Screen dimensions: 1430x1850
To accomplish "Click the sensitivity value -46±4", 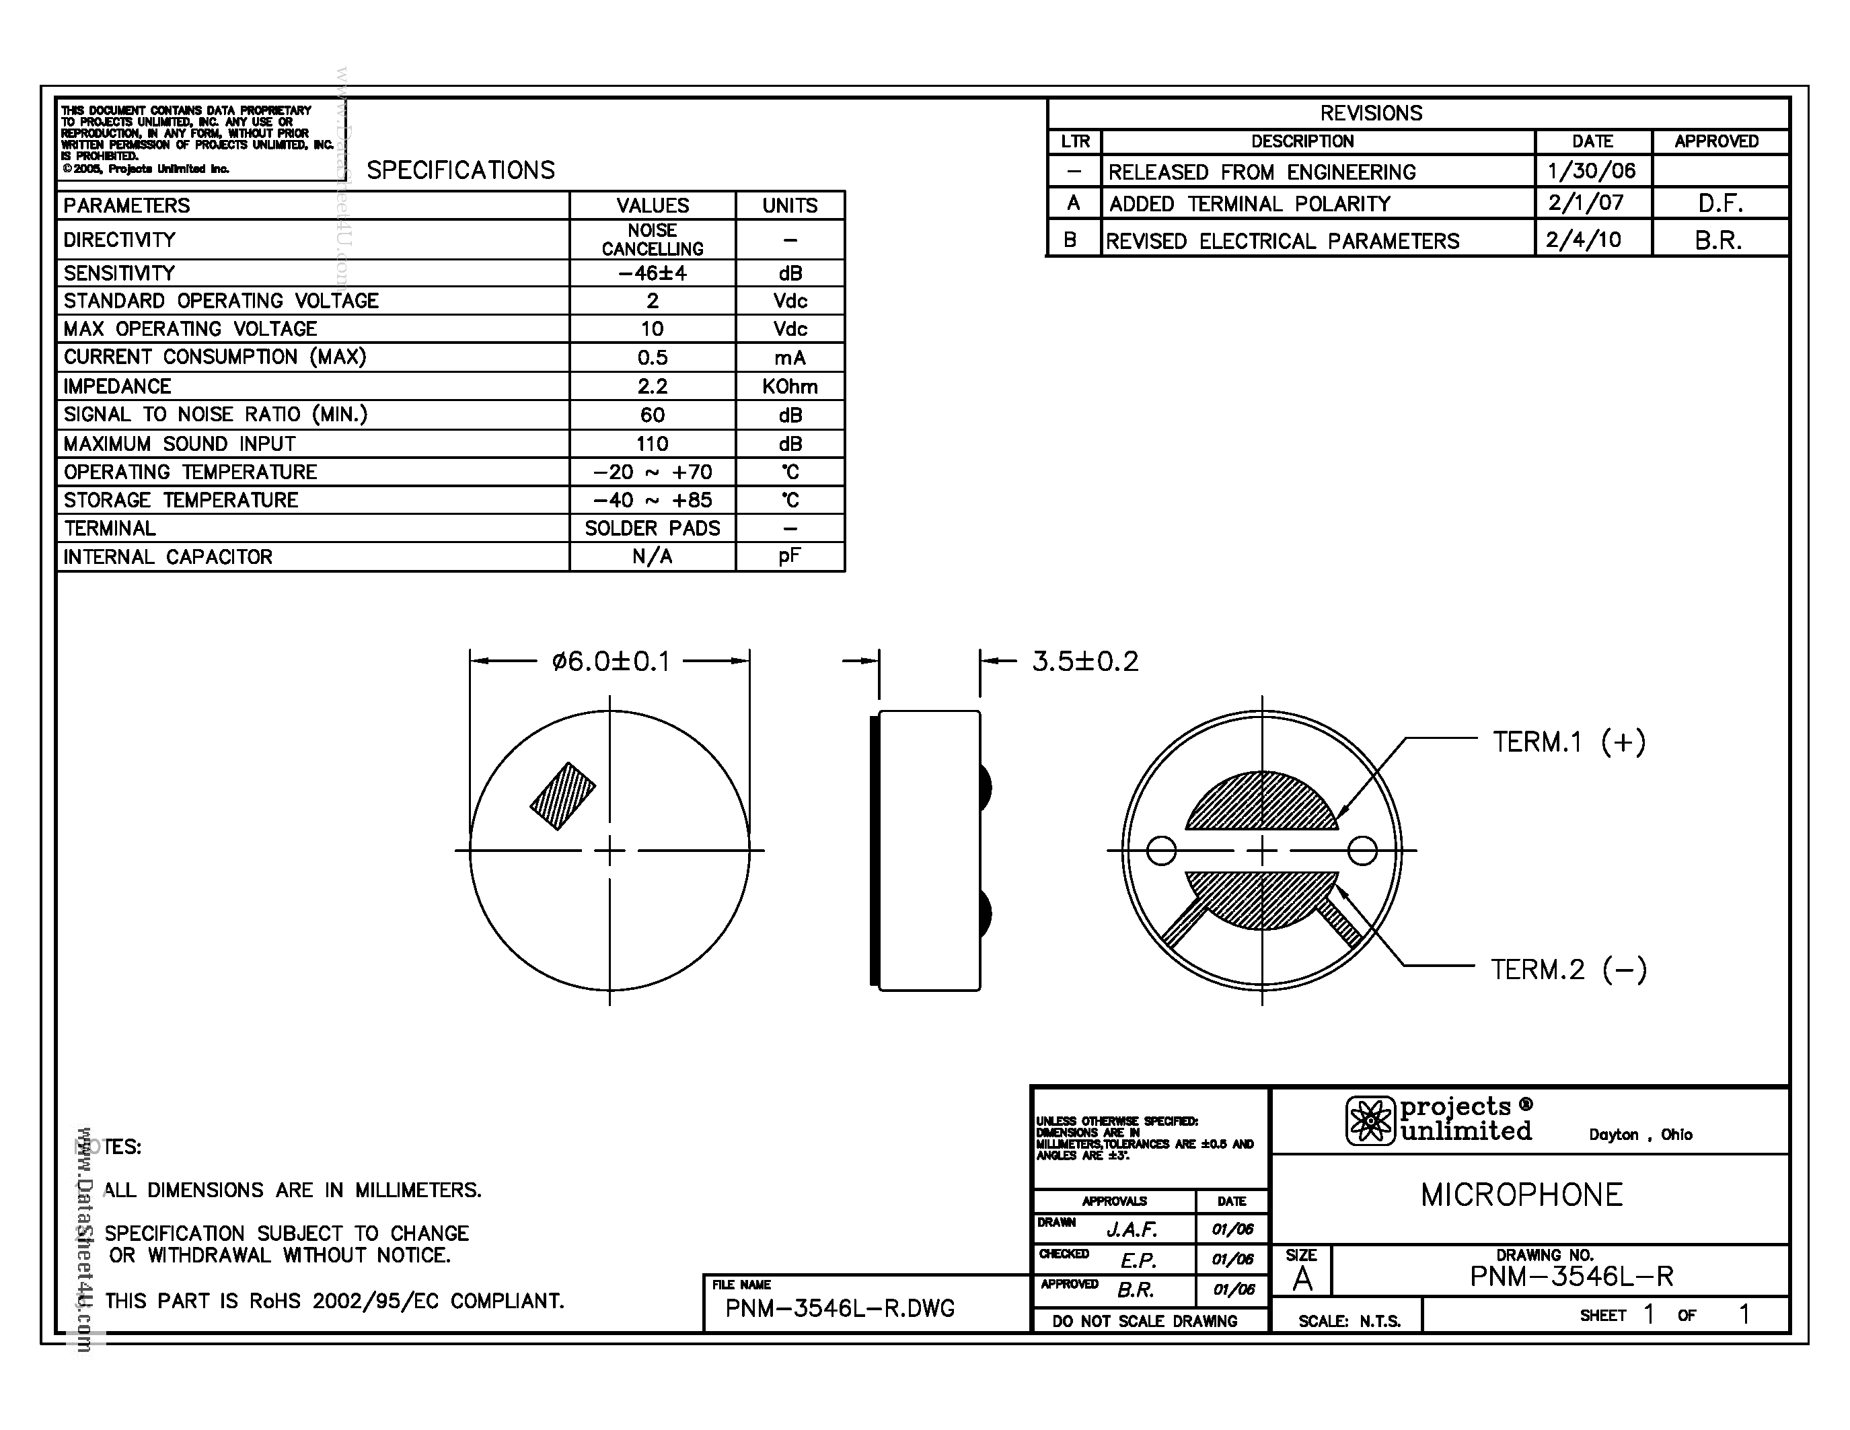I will click(653, 273).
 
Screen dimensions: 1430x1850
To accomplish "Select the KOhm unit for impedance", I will click(790, 386).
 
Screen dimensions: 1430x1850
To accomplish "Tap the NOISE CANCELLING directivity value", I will click(653, 240).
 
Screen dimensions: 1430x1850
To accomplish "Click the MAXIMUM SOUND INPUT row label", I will click(180, 444).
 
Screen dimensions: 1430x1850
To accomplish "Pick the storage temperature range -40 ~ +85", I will click(653, 500).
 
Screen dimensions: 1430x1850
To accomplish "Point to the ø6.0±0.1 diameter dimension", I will click(611, 661).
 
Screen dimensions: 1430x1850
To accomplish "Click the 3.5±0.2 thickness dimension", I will click(1085, 661).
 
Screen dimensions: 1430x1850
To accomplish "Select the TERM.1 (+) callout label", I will click(1569, 742).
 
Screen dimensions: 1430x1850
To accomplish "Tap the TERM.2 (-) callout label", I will click(1569, 969).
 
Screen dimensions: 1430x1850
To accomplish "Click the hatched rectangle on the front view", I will click(562, 796).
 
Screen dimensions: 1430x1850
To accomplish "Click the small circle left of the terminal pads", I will click(1160, 851).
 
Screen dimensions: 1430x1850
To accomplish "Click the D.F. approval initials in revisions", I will click(1719, 204).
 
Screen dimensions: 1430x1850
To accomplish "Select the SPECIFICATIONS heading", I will click(461, 170).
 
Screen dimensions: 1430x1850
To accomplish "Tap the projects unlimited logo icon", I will click(1370, 1121).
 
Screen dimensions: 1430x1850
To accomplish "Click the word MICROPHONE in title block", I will click(1521, 1195).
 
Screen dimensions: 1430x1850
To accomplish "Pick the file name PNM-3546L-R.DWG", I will click(840, 1309).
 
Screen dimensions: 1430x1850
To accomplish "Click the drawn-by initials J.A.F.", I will click(1132, 1229).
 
